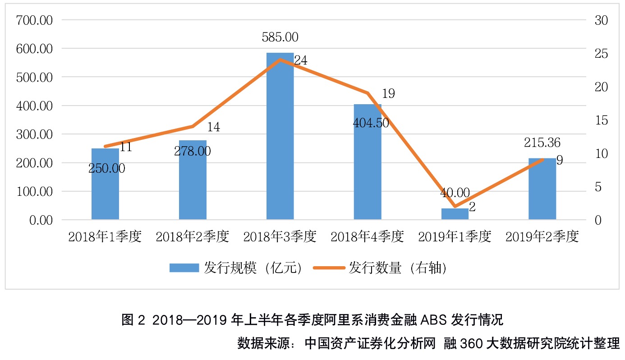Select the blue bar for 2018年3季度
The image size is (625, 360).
pyautogui.click(x=280, y=136)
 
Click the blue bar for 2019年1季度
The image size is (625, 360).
pyautogui.click(x=455, y=214)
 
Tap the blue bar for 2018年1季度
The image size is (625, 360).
pyautogui.click(x=105, y=184)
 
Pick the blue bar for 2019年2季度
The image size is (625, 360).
pyautogui.click(x=542, y=189)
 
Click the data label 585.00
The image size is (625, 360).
pyautogui.click(x=280, y=37)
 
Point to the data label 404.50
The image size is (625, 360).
pyautogui.click(x=371, y=123)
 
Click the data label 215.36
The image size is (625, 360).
pyautogui.click(x=542, y=143)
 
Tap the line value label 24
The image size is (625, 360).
pyautogui.click(x=301, y=60)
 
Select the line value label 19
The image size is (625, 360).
pyautogui.click(x=388, y=93)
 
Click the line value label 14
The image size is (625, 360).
pyautogui.click(x=213, y=127)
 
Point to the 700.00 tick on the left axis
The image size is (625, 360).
pyautogui.click(x=34, y=20)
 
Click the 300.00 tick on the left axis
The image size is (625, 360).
pyautogui.click(x=34, y=134)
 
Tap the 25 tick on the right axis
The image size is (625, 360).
pyautogui.click(x=601, y=54)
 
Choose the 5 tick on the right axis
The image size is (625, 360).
pyautogui.click(x=598, y=187)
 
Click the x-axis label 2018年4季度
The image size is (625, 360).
pyautogui.click(x=367, y=237)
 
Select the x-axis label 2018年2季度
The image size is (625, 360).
pyautogui.click(x=192, y=237)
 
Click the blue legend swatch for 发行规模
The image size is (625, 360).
pyautogui.click(x=184, y=268)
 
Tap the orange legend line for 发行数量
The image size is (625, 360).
pyautogui.click(x=329, y=268)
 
